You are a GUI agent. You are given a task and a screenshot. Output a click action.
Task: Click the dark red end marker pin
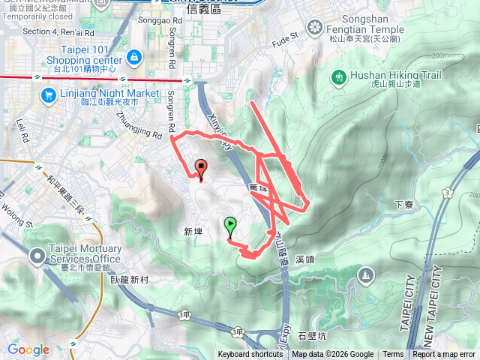(201, 168)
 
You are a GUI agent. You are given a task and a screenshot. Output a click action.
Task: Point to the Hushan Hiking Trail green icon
(338, 76)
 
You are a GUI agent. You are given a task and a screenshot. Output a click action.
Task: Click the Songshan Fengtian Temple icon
(313, 28)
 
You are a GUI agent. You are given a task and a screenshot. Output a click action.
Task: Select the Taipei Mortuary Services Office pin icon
(37, 257)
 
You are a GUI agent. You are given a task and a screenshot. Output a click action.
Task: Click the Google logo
(28, 349)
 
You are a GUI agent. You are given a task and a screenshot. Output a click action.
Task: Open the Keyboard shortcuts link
(250, 355)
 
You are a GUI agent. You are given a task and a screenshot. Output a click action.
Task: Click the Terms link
(393, 355)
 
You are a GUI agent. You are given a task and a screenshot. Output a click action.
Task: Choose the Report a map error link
(444, 355)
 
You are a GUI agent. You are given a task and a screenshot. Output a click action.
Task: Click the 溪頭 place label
(304, 259)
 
